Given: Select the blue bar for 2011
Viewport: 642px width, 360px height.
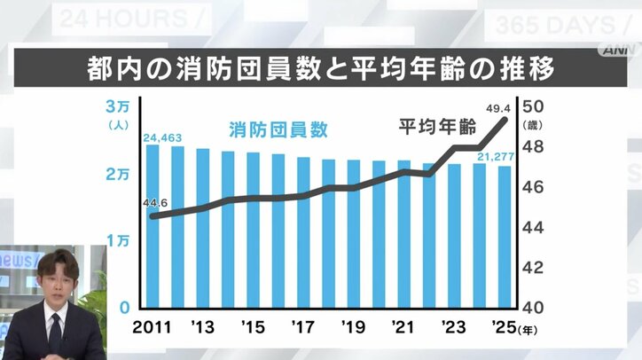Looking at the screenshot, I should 153,226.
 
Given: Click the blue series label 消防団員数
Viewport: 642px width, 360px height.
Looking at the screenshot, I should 278,129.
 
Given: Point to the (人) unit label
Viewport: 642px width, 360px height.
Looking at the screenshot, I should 117,125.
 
